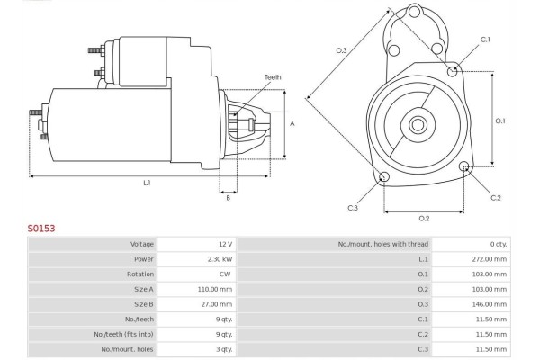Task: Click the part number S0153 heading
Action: coord(41,229)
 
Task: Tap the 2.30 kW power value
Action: coord(220,259)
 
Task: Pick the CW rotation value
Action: coord(225,274)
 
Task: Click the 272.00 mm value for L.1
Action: coord(490,259)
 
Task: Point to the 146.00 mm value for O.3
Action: coord(490,304)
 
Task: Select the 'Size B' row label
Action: coord(144,304)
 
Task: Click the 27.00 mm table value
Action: coord(217,304)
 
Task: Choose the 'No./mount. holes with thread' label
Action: coord(383,244)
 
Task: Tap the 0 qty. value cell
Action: coord(499,244)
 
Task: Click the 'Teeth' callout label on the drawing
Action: coord(273,77)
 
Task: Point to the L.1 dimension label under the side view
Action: coord(147,183)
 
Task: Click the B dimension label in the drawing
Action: coord(228,198)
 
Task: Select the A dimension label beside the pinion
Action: coord(292,123)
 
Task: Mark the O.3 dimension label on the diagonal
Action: coord(341,50)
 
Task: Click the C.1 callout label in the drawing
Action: coord(485,40)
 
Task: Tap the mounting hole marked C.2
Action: coord(464,166)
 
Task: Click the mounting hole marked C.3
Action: coord(384,177)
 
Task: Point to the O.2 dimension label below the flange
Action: coord(424,219)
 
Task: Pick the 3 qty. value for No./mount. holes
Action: coord(224,349)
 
